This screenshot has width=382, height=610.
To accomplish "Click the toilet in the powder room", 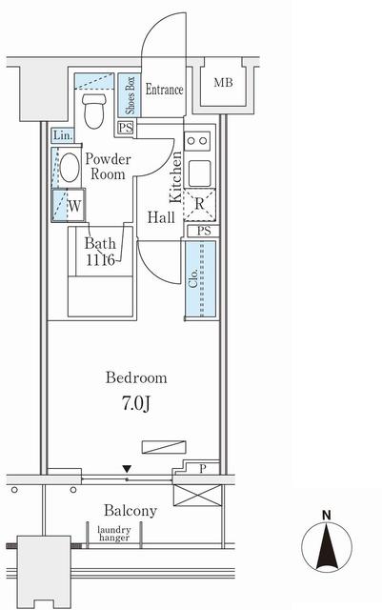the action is point(94,111).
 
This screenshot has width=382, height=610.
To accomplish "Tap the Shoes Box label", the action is point(130,95).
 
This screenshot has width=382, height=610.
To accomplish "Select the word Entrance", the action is point(164,90).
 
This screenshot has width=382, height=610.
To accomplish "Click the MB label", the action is point(224,83).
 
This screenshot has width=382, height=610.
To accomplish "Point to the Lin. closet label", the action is point(63,135).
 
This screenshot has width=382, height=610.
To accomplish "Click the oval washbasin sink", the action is point(70,168).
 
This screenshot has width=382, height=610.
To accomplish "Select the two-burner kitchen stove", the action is point(197,141).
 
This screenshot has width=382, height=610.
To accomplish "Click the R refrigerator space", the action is point(199,205).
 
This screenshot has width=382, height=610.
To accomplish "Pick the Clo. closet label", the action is point(193,278).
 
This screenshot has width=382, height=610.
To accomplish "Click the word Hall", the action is point(161,217).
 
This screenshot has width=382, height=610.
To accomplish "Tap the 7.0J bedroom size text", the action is point(136,404).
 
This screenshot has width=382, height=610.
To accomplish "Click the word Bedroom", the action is point(136,377).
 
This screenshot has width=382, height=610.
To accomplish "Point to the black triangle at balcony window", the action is point(127,468).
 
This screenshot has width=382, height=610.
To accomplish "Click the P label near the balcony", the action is point(202,469).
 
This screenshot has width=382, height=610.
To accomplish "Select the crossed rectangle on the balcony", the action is point(197,496).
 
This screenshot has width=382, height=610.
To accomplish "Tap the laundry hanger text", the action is point(114,534).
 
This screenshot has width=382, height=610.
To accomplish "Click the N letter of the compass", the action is point(327,516).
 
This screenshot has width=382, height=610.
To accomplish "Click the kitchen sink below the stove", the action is point(200,173).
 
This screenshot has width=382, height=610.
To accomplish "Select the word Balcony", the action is point(131,511).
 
